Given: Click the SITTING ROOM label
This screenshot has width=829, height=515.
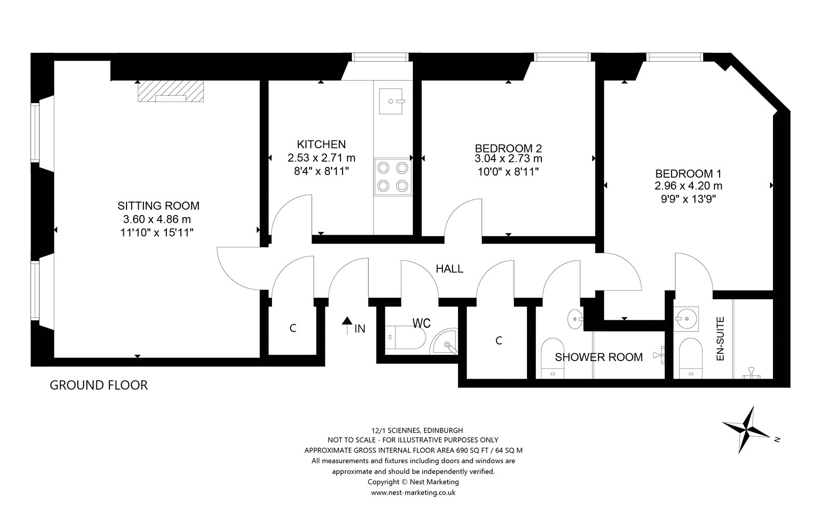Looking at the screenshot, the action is [x=159, y=205].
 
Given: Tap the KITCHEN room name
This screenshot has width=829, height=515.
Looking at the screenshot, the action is [x=321, y=144].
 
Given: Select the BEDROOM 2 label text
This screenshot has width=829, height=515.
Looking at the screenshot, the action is [x=508, y=148].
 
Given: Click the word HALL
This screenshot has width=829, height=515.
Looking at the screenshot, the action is [x=449, y=268].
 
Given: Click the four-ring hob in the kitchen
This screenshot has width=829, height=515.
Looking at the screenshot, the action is [x=393, y=177].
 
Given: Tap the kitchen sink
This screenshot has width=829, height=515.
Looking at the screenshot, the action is [x=391, y=101].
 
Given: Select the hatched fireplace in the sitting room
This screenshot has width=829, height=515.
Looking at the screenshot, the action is [x=170, y=91].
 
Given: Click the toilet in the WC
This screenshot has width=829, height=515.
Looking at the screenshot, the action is [x=406, y=337].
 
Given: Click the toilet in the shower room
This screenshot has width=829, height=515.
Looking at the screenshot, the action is [x=552, y=358].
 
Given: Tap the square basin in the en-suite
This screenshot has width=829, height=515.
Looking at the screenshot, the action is [x=686, y=319].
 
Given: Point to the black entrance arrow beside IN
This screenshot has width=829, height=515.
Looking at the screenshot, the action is [x=347, y=325].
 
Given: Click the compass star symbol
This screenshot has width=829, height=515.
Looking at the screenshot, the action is [x=747, y=429].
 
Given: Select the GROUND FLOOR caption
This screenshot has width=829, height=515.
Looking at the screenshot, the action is [x=99, y=385].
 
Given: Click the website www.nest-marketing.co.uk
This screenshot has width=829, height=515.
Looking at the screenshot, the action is [x=413, y=492].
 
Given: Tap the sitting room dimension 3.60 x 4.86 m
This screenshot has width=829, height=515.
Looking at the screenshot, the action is [x=157, y=219].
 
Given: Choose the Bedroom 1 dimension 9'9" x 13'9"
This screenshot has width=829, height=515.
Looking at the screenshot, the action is [x=689, y=199].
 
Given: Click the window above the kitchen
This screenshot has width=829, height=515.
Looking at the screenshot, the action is [x=380, y=57].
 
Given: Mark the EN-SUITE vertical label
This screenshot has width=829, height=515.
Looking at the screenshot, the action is [x=720, y=338].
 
